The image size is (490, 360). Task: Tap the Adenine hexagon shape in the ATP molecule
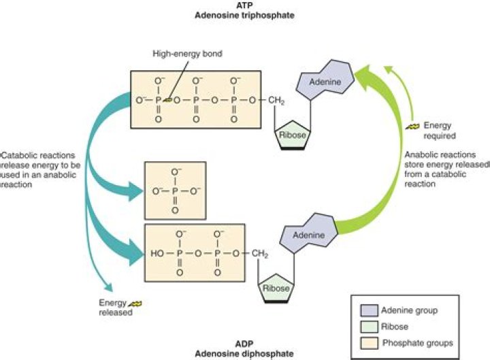(x=325, y=80)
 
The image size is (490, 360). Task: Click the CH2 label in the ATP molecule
(x=274, y=101)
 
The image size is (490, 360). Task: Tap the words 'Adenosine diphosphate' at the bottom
(x=246, y=354)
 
